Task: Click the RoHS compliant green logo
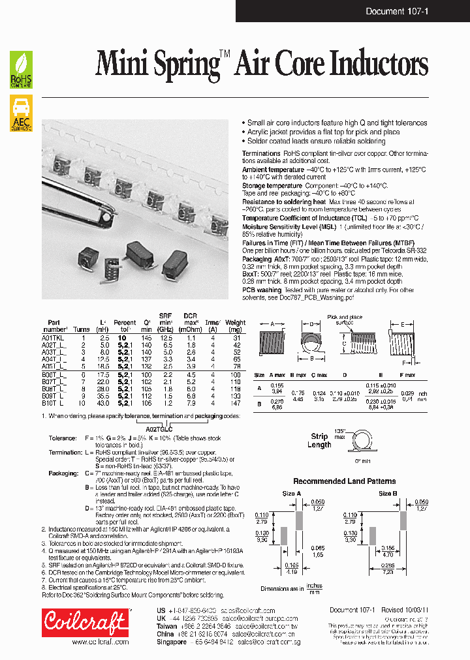(21, 70)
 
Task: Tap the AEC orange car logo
(21, 113)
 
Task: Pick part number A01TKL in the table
(55, 338)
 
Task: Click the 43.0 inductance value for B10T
(103, 403)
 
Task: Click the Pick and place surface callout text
(344, 319)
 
